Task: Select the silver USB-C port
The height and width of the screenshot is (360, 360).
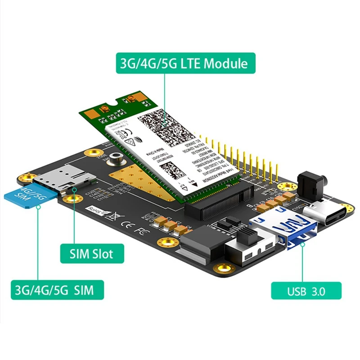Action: pyautogui.click(x=326, y=214)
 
